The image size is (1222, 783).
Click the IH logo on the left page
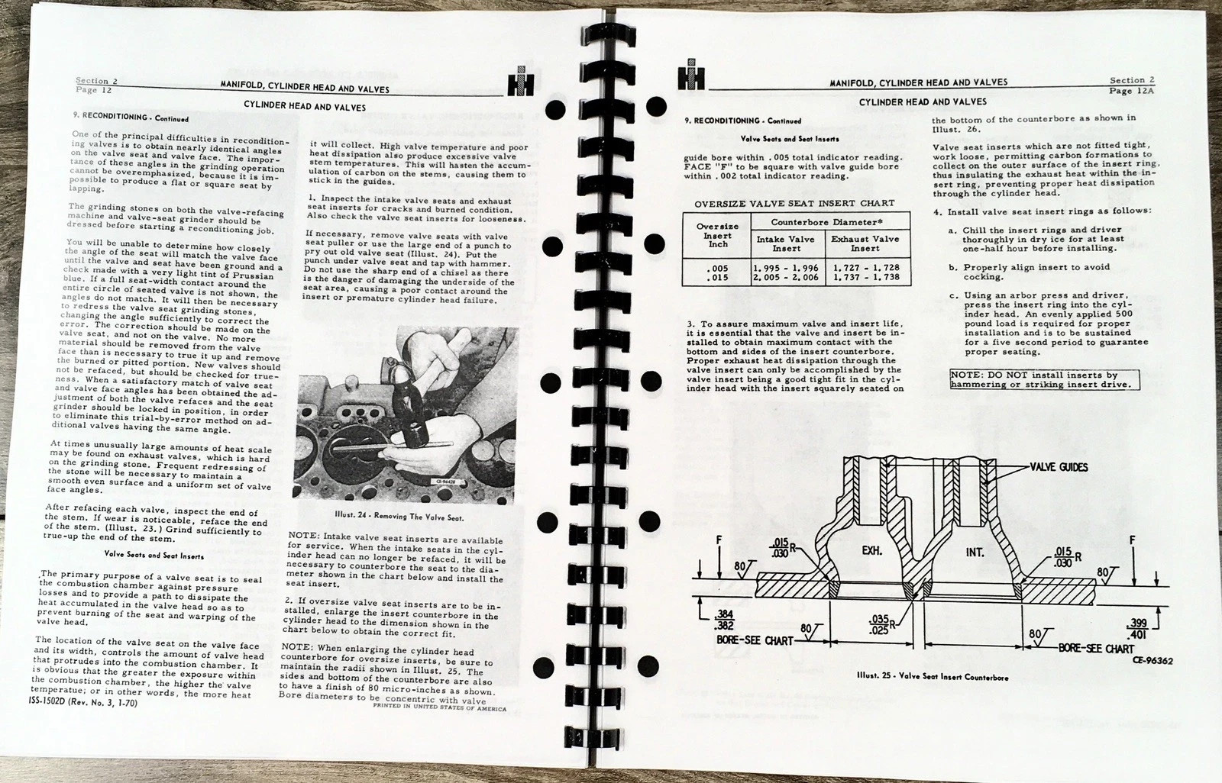[520, 82]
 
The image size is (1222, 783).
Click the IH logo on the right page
[690, 76]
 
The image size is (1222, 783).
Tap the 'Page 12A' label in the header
[1131, 90]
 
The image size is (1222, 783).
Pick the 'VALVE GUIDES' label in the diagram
[1059, 467]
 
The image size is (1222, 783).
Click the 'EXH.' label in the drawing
[872, 550]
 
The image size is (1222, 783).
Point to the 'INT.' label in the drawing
[975, 552]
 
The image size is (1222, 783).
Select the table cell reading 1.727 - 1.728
[866, 268]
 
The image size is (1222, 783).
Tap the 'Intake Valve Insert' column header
[786, 243]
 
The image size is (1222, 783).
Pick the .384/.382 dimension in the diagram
[725, 619]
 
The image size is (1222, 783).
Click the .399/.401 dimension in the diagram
[1136, 629]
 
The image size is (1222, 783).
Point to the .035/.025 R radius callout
[880, 624]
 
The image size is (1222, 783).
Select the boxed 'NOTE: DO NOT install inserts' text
[1043, 379]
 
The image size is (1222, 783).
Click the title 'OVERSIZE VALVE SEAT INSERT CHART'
[794, 204]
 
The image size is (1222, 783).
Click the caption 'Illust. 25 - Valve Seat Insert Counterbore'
[932, 677]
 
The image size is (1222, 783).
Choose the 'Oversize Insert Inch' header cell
[717, 235]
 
